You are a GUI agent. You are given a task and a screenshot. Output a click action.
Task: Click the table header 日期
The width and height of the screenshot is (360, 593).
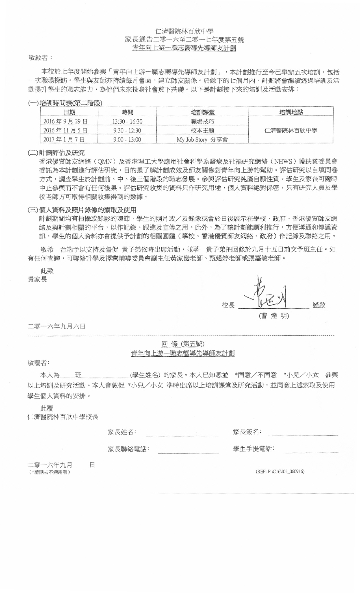tap(69, 112)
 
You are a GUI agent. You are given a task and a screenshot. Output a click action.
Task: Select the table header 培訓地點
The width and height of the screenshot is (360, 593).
tap(291, 112)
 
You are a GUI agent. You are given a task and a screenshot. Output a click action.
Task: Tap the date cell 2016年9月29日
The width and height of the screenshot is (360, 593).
tap(65, 121)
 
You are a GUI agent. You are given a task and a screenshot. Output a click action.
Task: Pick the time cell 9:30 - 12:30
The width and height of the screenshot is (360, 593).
tap(127, 130)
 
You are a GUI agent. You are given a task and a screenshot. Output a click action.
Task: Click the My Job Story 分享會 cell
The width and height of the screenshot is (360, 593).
tap(202, 139)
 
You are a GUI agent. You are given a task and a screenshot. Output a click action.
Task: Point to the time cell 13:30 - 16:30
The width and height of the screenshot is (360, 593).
tap(127, 121)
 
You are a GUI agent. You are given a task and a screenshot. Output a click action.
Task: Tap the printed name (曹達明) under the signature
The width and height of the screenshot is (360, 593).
tap(274, 316)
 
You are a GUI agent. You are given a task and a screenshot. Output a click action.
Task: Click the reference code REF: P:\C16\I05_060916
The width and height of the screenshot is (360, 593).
tap(280, 472)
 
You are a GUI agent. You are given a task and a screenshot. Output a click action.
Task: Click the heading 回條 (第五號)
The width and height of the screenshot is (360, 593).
tap(183, 344)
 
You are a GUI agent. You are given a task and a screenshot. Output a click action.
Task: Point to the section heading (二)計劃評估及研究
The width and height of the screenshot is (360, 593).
tap(56, 153)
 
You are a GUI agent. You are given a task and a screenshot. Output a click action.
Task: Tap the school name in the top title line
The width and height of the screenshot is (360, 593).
tap(184, 31)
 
